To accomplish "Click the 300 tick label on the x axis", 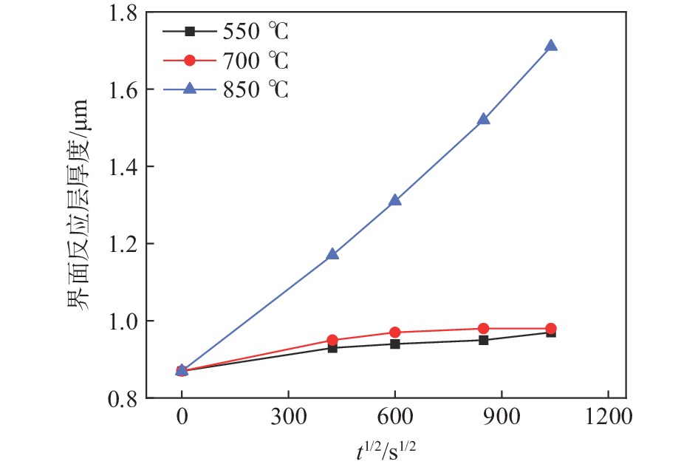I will pos(288,416).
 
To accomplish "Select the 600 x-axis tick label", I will pos(395,416).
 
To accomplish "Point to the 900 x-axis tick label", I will pos(502,416).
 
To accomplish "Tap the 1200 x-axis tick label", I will pos(608,416).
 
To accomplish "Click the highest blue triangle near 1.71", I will pos(550,46).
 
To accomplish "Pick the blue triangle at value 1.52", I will pos(484,119).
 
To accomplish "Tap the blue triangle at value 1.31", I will pos(395,200).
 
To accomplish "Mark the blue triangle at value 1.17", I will pos(332,254).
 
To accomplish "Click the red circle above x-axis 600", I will pos(395,333).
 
